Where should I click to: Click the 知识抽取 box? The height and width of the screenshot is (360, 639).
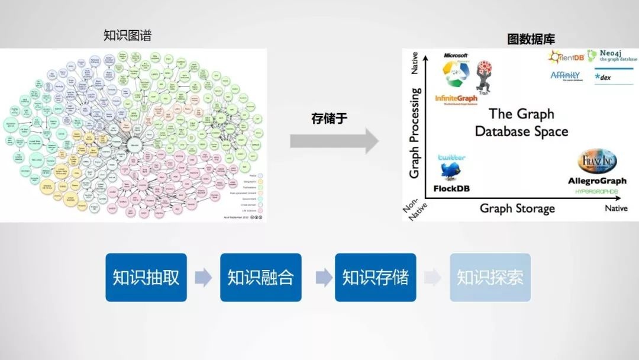tap(146, 278)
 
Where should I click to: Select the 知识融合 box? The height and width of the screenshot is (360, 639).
tap(260, 278)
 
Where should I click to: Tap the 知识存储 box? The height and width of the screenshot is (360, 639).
tap(375, 278)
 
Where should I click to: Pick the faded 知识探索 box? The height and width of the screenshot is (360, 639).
tap(490, 278)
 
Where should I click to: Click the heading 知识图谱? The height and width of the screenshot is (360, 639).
tap(127, 36)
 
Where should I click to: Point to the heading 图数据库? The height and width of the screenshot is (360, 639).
tap(531, 40)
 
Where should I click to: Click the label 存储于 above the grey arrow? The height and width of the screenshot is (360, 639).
tap(330, 118)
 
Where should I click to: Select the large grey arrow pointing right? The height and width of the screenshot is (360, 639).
tap(334, 141)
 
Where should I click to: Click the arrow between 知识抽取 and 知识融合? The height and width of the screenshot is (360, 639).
tap(203, 278)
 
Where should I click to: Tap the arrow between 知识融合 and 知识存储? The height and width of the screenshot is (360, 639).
tap(318, 278)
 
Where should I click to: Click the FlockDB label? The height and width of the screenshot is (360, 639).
tap(451, 188)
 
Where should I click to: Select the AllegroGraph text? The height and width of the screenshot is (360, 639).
tap(596, 181)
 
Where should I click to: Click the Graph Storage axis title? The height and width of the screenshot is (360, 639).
tap(517, 208)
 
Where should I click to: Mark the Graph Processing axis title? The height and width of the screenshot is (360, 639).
tap(415, 133)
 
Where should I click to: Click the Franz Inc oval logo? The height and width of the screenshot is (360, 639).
tap(597, 161)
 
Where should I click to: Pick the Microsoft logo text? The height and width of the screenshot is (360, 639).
tap(456, 56)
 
